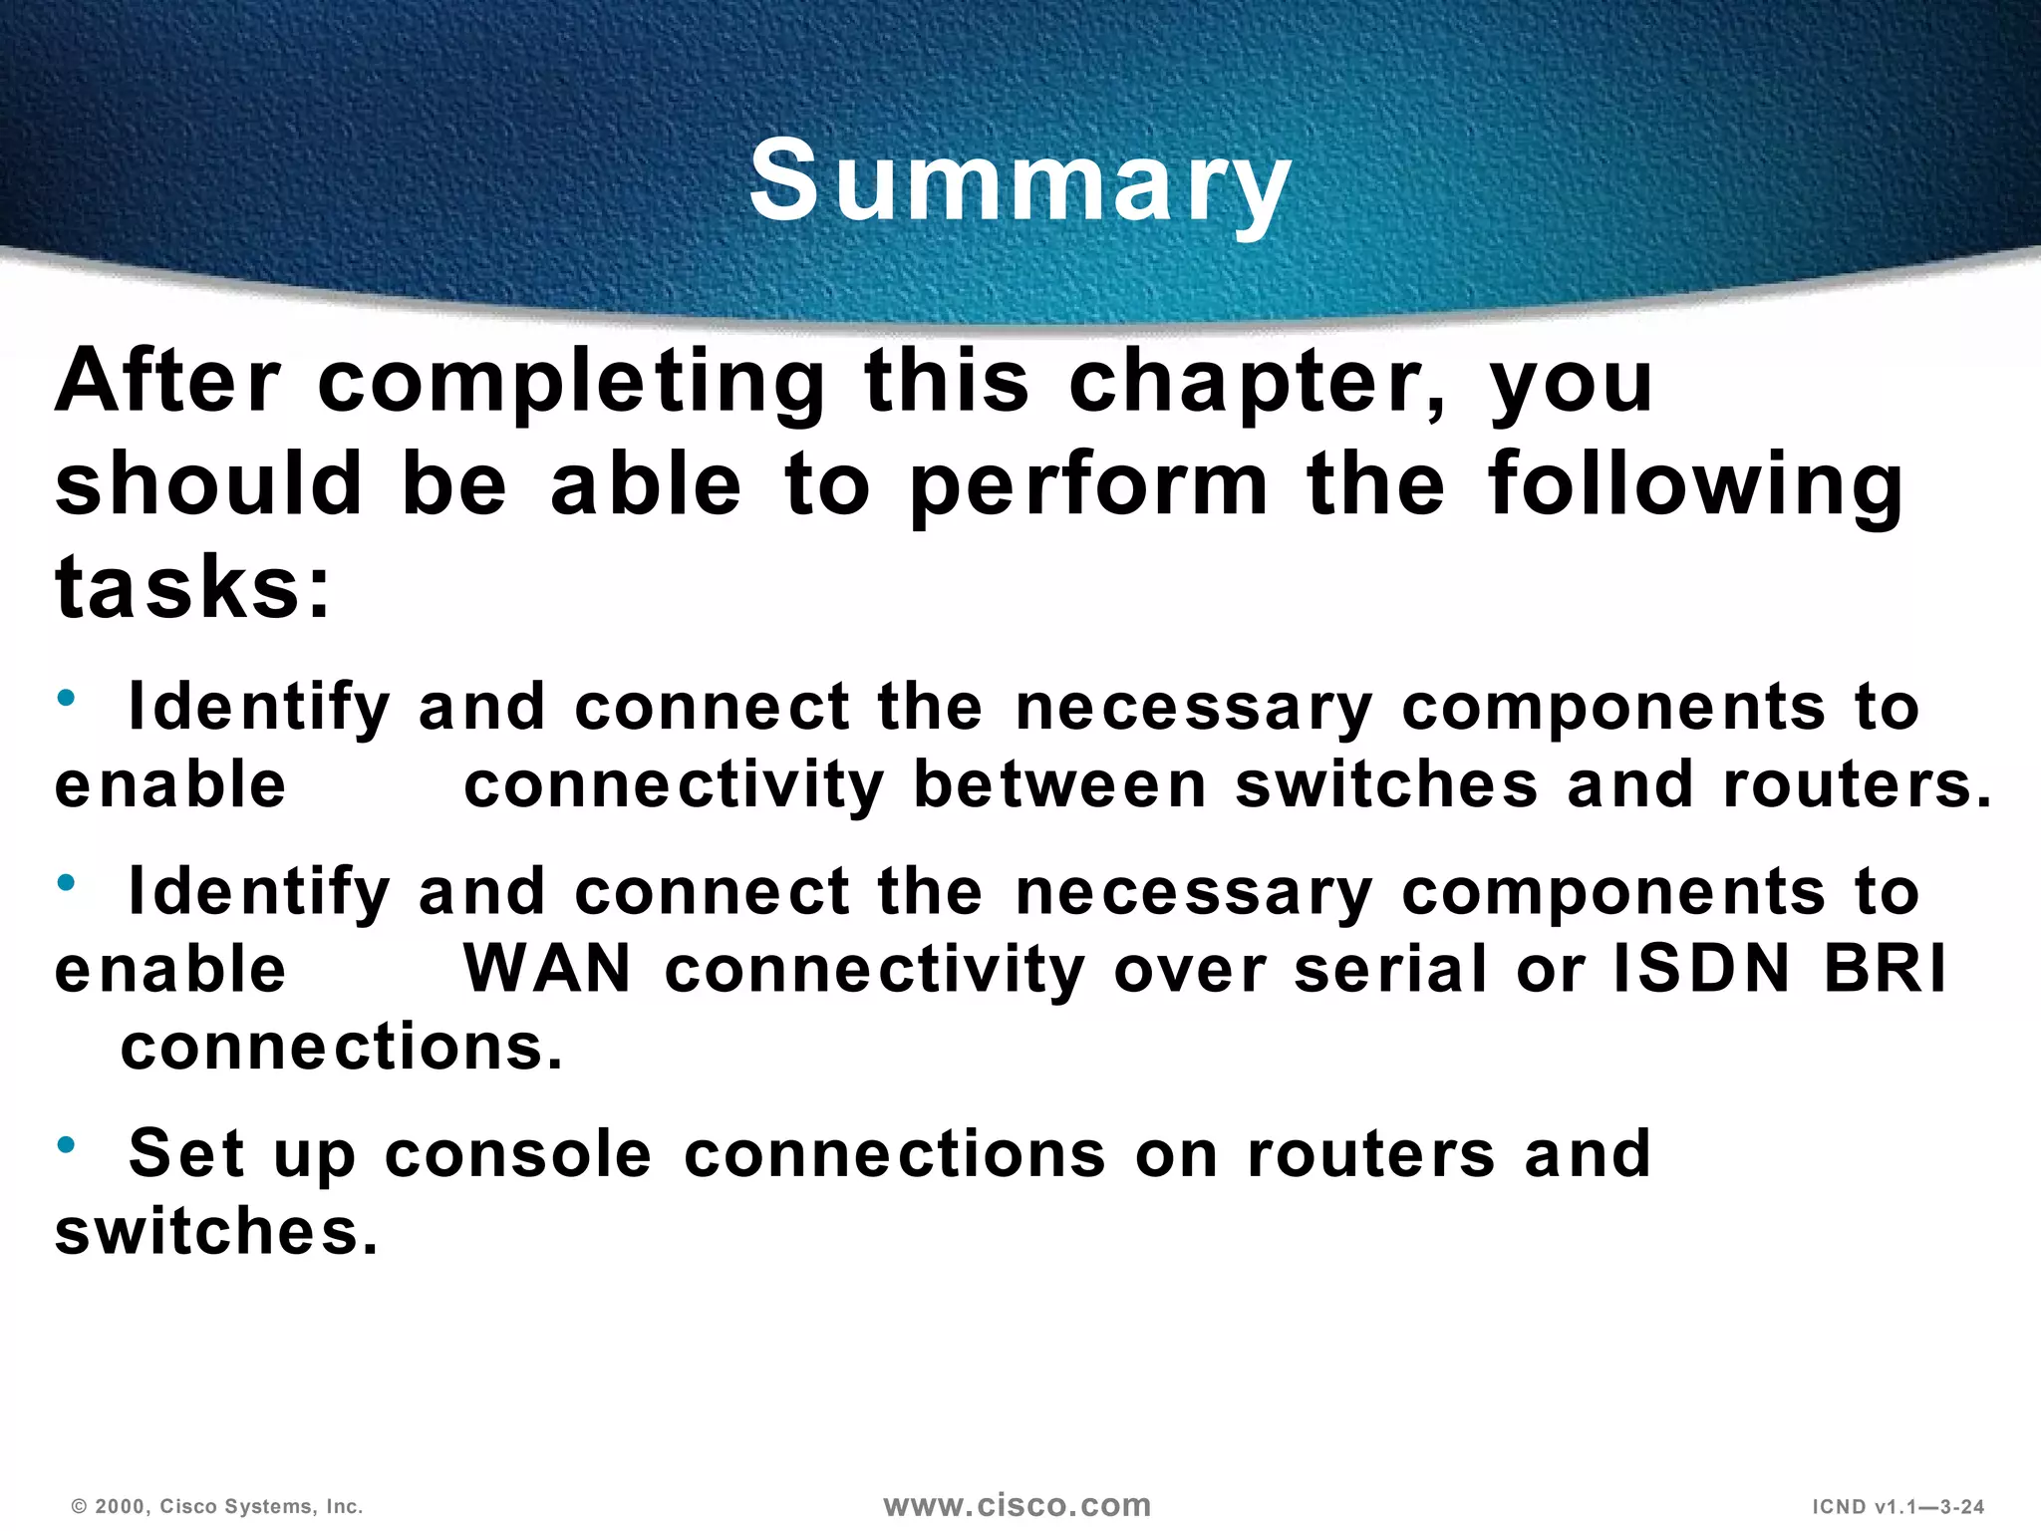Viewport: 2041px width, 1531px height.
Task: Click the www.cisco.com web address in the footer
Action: pyautogui.click(x=1018, y=1505)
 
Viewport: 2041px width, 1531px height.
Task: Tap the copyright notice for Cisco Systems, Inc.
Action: pyautogui.click(x=217, y=1506)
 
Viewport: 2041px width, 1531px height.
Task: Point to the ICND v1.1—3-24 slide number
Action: pyautogui.click(x=1897, y=1506)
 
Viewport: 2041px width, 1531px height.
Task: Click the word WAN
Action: pyautogui.click(x=547, y=968)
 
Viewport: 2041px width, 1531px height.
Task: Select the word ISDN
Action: pyautogui.click(x=1701, y=968)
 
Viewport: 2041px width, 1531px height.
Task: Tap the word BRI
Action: pyautogui.click(x=1885, y=968)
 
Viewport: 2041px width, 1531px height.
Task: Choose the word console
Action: pyautogui.click(x=518, y=1153)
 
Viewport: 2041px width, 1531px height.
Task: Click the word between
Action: pyautogui.click(x=1060, y=784)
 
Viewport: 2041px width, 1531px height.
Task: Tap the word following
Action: pyautogui.click(x=1695, y=485)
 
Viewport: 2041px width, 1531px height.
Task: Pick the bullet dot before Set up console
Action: pyautogui.click(x=67, y=1145)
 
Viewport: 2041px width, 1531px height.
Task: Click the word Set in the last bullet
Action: pyautogui.click(x=186, y=1153)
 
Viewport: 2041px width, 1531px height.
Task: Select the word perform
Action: pyautogui.click(x=1089, y=485)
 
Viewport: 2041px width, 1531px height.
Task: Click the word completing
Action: pyautogui.click(x=571, y=384)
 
